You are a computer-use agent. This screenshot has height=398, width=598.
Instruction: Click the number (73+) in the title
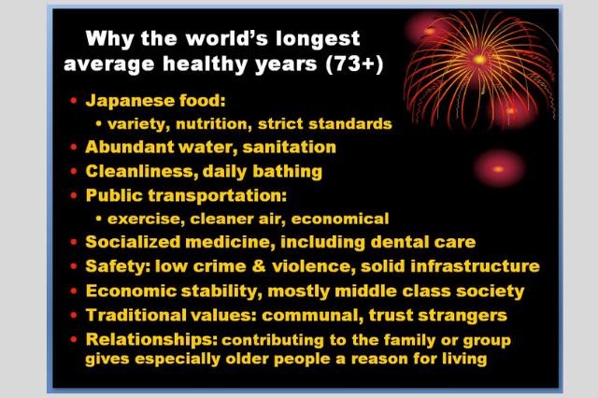pyautogui.click(x=354, y=64)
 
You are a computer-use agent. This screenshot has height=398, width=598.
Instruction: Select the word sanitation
pyautogui.click(x=289, y=148)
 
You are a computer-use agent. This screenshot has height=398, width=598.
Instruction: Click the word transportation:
pyautogui.click(x=218, y=195)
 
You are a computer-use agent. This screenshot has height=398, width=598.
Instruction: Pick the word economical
pyautogui.click(x=340, y=219)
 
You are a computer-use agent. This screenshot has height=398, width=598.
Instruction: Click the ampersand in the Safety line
pyautogui.click(x=259, y=266)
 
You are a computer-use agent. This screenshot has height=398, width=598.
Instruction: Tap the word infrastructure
pyautogui.click(x=475, y=266)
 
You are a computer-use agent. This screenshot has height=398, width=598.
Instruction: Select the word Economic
pyautogui.click(x=131, y=291)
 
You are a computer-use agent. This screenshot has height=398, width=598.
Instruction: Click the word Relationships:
pyautogui.click(x=151, y=340)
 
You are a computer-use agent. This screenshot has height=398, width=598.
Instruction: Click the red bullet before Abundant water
pyautogui.click(x=74, y=148)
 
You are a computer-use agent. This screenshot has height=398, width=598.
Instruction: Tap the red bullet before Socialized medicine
pyautogui.click(x=74, y=242)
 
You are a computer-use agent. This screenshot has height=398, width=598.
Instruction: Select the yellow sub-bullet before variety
pyautogui.click(x=99, y=123)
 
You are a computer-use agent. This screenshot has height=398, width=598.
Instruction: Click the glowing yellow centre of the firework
pyautogui.click(x=479, y=60)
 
